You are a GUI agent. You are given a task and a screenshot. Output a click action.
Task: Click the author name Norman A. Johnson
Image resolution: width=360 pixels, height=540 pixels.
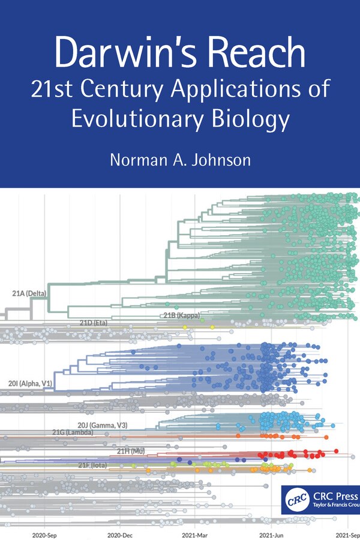[x=179, y=161]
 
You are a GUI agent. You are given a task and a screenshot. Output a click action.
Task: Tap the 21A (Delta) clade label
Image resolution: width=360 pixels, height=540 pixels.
[x=29, y=293]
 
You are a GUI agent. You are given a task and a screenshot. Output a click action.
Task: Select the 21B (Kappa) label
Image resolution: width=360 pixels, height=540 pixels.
[x=181, y=315]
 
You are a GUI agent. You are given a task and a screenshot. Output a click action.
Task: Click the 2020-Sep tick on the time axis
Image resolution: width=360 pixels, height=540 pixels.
[x=44, y=533]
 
